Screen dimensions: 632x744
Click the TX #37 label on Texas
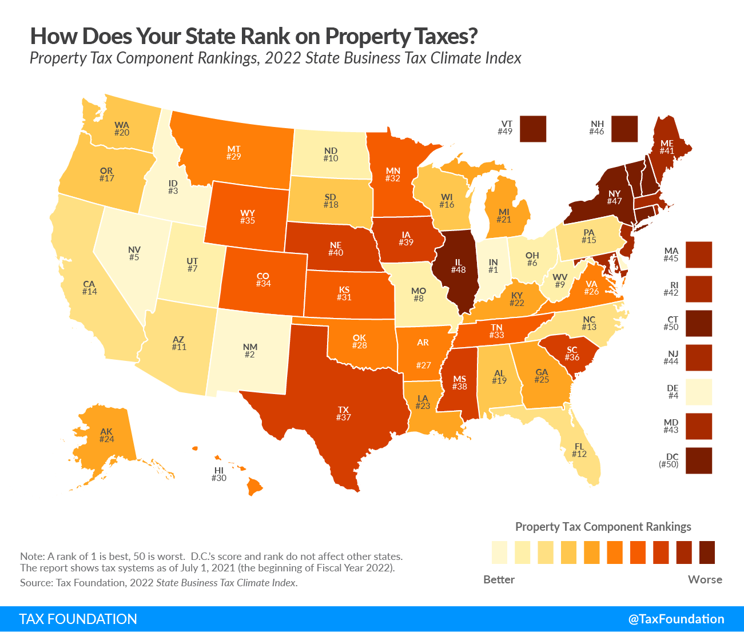343,414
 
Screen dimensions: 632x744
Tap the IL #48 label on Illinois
458,266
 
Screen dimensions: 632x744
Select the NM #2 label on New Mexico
250,351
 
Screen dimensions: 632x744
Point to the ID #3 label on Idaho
173,187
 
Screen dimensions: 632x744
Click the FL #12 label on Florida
579,450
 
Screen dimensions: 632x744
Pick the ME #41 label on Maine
667,147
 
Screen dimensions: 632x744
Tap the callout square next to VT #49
534,129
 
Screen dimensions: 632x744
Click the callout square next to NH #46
624,129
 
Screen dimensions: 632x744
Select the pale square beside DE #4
699,392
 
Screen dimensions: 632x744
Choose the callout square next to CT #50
699,323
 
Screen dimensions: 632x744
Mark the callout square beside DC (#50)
699,460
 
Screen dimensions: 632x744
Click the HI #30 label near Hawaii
219,474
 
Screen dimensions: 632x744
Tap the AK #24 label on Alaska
106,435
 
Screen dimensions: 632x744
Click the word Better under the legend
499,579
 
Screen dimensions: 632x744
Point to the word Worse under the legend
705,579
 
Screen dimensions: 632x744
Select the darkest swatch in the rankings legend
707,552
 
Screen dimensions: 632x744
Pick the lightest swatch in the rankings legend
499,552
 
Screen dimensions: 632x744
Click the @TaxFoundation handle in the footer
676,619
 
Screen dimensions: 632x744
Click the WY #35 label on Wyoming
248,217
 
